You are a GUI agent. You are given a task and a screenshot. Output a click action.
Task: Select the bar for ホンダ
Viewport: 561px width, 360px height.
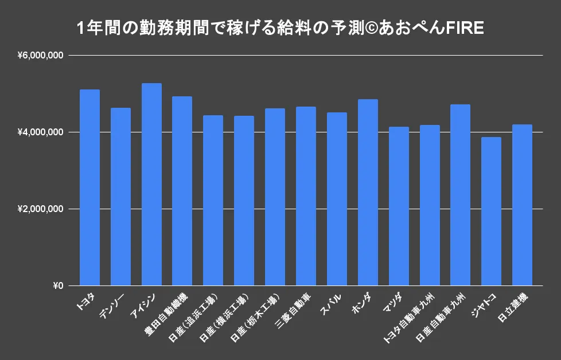pos(368,193)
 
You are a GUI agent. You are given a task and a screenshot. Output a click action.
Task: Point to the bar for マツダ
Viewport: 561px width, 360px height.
pos(399,206)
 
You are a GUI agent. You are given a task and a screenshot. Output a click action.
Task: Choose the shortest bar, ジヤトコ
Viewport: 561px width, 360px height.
pos(491,212)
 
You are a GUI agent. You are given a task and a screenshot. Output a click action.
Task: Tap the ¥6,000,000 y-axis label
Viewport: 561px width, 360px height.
pos(40,56)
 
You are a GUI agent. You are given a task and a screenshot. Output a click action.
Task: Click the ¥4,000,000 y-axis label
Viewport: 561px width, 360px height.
pos(40,132)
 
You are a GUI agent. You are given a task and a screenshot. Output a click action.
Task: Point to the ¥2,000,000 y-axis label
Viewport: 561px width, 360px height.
pos(40,209)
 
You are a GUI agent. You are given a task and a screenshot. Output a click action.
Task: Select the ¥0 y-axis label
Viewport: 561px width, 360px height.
pos(57,286)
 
